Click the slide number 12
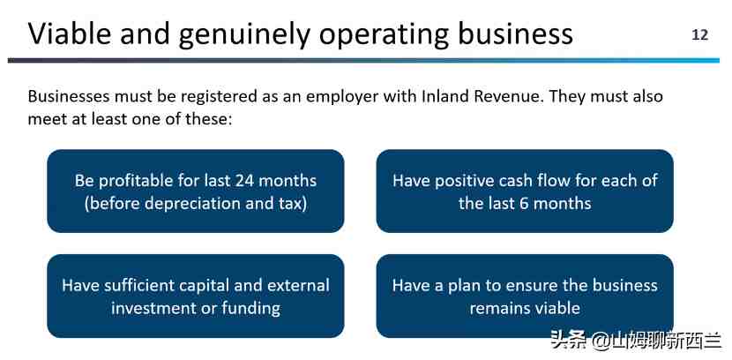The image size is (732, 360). click(699, 35)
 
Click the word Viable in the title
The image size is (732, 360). click(70, 34)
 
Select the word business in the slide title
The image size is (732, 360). click(515, 34)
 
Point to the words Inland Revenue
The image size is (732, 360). click(482, 97)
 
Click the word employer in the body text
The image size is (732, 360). click(341, 98)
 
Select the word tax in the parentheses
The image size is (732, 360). click(292, 204)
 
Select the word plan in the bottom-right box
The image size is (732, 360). click(465, 286)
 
